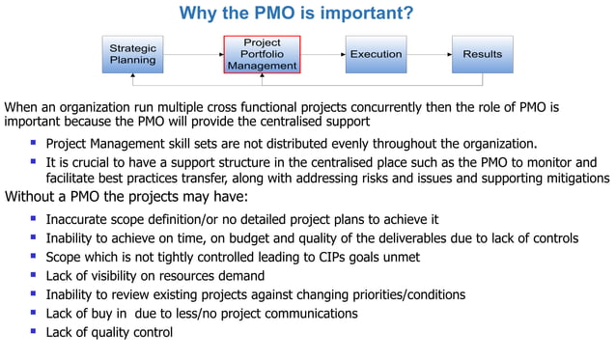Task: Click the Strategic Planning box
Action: (x=132, y=54)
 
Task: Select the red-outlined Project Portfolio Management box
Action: (x=262, y=55)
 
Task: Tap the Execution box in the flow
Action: (x=376, y=55)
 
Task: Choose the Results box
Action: (x=482, y=55)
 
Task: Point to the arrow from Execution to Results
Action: (x=429, y=55)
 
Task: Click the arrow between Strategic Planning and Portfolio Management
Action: (x=193, y=55)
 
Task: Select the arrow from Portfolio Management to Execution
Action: (x=322, y=55)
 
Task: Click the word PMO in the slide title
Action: (x=279, y=14)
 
